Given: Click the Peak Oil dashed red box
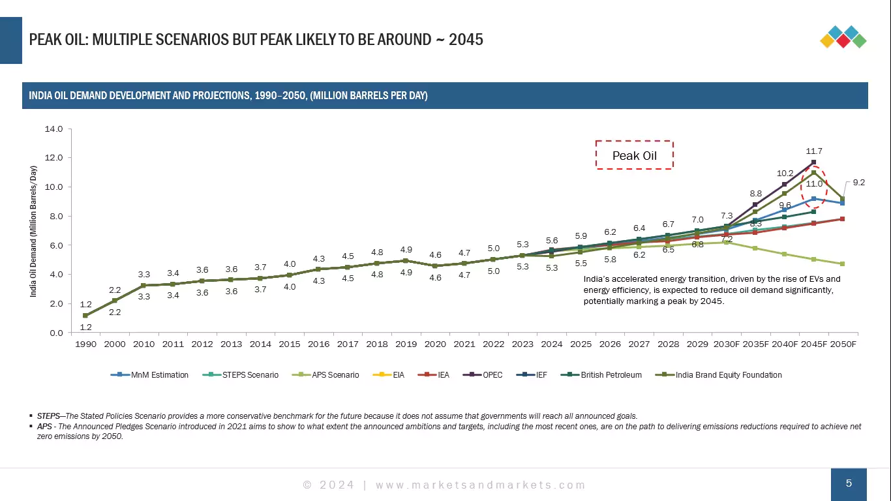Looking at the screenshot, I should click(x=634, y=155).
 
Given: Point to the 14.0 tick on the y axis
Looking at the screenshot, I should click(x=53, y=129).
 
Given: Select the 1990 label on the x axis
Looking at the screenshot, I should click(x=85, y=344).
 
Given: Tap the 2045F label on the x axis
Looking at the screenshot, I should click(x=813, y=344).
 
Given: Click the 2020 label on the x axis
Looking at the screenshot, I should click(x=435, y=344).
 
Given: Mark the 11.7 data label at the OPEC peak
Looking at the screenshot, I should click(x=813, y=151).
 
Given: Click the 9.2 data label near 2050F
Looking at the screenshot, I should click(x=859, y=183).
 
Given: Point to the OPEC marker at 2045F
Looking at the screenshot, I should click(x=813, y=162).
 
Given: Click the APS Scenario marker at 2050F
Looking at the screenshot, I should click(x=843, y=264).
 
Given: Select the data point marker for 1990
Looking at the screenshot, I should click(x=85, y=316).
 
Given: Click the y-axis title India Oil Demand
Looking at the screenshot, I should click(x=33, y=232).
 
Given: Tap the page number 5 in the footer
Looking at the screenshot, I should click(x=849, y=484).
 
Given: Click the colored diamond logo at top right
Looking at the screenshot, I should click(x=843, y=37).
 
